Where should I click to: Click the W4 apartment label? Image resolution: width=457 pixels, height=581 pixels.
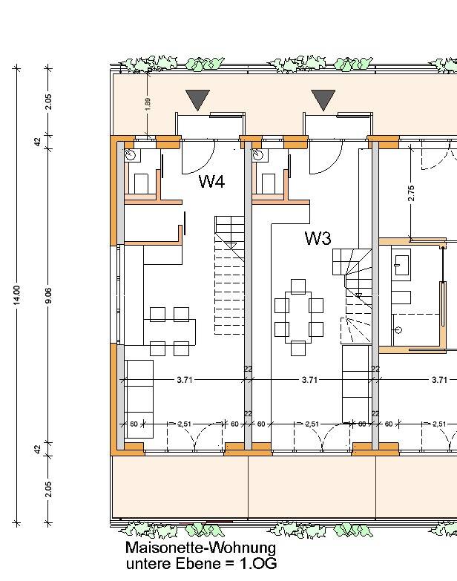211,181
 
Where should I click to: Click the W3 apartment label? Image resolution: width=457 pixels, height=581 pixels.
318,238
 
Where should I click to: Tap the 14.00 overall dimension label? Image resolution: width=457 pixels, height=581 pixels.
16,295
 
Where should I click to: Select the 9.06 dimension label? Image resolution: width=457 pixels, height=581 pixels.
48,295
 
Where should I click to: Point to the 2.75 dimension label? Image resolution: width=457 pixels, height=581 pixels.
411,194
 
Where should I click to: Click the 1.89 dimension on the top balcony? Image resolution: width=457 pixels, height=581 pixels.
148,104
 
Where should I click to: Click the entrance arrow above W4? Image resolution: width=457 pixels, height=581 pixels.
198,100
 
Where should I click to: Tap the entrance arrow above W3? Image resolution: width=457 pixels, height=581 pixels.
323,100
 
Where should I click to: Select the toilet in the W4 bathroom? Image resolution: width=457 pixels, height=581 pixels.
141,183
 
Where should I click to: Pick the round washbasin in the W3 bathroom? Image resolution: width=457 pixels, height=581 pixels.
257,155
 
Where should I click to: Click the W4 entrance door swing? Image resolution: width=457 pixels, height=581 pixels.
198,158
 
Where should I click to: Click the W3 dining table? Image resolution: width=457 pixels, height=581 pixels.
298,317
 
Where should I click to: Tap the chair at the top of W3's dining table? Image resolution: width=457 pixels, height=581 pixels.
298,286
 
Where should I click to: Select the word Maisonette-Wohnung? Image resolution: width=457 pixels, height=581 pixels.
201,548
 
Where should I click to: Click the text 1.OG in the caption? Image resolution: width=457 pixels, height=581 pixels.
258,564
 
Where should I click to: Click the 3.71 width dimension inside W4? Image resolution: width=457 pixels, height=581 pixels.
185,380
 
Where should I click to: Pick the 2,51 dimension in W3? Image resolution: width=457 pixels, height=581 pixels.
312,424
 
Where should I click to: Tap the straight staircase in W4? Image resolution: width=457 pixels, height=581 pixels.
229,275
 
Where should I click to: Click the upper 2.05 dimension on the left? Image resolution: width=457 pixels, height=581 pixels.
48,102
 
